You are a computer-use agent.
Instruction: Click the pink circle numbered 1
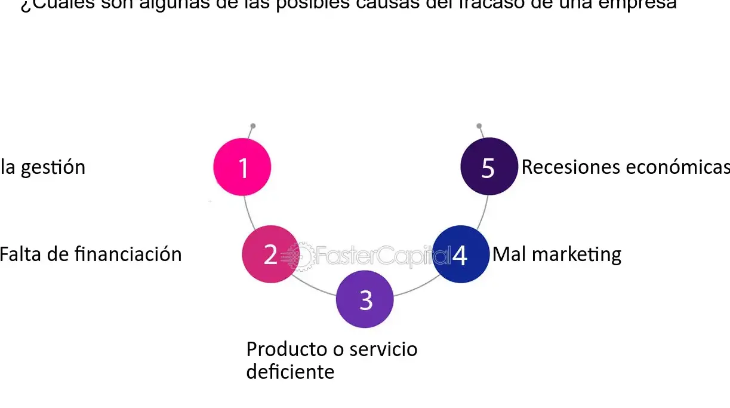(242, 167)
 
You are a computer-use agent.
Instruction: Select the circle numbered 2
(270, 254)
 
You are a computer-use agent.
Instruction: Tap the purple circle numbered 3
(365, 299)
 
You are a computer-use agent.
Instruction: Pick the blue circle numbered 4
(460, 254)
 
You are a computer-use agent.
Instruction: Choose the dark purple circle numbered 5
(489, 167)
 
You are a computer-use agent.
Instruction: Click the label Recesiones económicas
(625, 167)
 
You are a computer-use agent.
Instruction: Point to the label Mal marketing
(556, 254)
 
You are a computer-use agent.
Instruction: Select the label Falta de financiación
(90, 254)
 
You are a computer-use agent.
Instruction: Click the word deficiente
(290, 372)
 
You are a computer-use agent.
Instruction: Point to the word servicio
(383, 349)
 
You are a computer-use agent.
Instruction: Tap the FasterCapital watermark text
(376, 256)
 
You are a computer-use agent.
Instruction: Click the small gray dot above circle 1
(253, 126)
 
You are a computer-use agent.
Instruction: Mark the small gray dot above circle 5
(479, 126)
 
